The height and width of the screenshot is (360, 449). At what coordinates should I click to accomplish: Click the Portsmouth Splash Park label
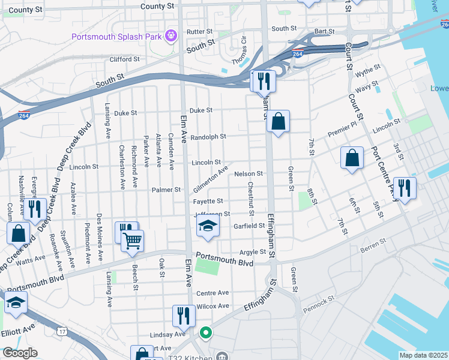pos(116,37)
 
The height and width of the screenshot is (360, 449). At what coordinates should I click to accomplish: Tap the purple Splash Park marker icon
pos(171,36)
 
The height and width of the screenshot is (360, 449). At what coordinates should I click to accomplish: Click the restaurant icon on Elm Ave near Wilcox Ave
pos(184,316)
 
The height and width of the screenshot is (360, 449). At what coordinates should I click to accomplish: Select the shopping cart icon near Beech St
pos(132,241)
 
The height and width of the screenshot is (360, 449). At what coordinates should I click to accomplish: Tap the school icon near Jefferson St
pos(208,226)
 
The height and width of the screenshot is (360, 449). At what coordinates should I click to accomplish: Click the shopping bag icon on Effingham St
pos(278,121)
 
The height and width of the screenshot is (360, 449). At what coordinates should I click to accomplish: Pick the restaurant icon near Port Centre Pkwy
pos(405,188)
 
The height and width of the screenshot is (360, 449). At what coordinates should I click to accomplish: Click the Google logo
pos(19,353)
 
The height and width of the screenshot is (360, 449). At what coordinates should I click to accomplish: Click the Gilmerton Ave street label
pos(210,179)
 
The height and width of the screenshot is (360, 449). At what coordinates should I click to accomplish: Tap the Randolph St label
pos(208,137)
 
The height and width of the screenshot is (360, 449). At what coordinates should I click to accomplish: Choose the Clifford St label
pos(125,59)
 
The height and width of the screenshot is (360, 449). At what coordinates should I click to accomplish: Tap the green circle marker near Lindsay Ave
pos(205,332)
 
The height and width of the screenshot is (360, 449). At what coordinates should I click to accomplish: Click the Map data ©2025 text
pos(423,355)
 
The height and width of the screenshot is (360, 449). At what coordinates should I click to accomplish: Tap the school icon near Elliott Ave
pos(16,304)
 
